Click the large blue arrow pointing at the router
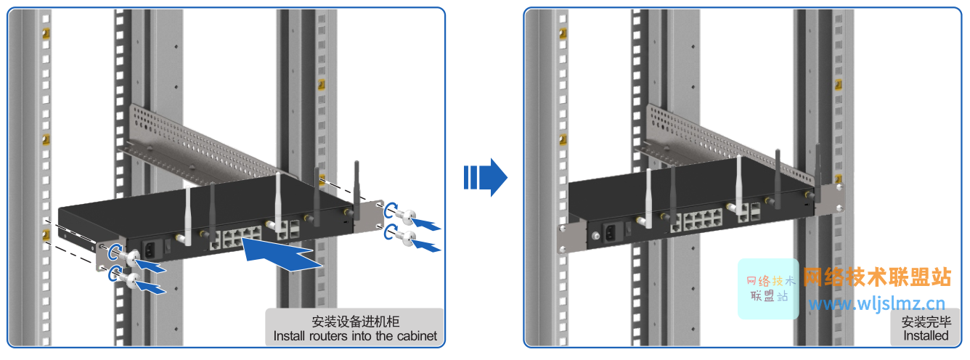click(283, 256)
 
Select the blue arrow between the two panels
click(484, 177)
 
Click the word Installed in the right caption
click(926, 336)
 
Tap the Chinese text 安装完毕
click(926, 322)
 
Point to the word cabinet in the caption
click(415, 336)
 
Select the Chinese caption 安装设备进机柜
click(355, 322)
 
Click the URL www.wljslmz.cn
click(877, 304)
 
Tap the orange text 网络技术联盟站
click(878, 277)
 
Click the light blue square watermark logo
click(768, 289)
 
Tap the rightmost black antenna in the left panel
click(356, 189)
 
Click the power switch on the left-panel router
click(168, 247)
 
